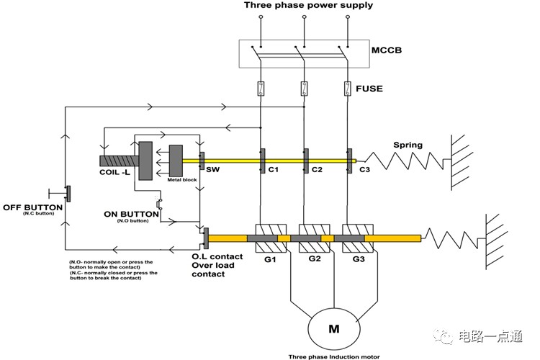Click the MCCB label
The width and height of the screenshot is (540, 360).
[387, 50]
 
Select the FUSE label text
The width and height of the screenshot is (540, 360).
[369, 89]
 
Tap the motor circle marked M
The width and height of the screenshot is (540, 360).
[333, 328]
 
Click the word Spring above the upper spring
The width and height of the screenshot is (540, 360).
[408, 145]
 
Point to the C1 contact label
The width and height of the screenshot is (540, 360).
[273, 169]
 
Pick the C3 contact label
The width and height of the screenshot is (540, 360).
[364, 169]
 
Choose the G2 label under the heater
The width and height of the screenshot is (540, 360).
[315, 258]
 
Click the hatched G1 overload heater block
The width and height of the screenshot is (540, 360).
[271, 238]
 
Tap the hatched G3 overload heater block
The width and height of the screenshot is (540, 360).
[358, 238]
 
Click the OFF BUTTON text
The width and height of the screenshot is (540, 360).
[32, 207]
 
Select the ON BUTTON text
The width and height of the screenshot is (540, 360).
[131, 215]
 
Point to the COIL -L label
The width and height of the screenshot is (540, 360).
[114, 172]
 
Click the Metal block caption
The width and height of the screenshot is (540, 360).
[182, 180]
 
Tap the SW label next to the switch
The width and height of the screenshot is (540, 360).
[212, 169]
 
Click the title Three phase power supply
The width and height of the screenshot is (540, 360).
[308, 5]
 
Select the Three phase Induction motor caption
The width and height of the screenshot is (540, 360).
[333, 356]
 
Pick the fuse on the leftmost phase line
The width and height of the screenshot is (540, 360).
[261, 89]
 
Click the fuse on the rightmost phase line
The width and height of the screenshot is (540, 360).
[348, 89]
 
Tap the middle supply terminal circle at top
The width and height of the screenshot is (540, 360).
[304, 17]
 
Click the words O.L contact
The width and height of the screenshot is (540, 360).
[217, 256]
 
